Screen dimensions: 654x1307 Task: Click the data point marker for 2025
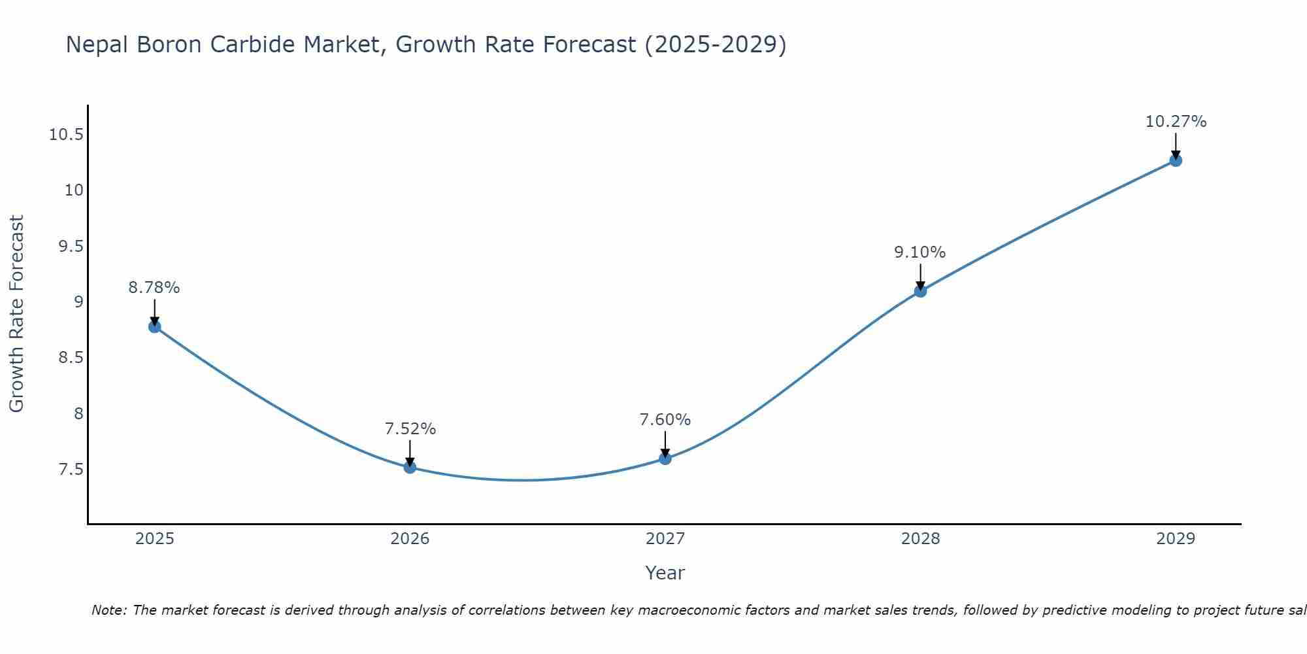(x=155, y=326)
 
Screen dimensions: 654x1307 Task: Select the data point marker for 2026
(x=410, y=467)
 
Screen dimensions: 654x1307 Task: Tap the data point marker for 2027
(x=665, y=458)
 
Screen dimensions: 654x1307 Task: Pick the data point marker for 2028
(x=920, y=290)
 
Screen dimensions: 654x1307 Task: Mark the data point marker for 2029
(x=1176, y=160)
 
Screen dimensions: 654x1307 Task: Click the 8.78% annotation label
(x=154, y=288)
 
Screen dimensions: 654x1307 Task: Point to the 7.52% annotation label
(x=410, y=429)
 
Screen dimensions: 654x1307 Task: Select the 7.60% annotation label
(x=665, y=420)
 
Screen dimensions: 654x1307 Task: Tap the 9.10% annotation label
(x=920, y=252)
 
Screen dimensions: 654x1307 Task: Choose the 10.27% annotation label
(x=1176, y=122)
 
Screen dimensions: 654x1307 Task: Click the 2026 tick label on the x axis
(x=410, y=539)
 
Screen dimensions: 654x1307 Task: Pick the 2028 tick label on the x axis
(x=920, y=539)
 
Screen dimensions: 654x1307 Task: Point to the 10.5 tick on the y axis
(x=66, y=135)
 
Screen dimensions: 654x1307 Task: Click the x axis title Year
(x=665, y=573)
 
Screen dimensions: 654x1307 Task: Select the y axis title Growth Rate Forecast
(x=16, y=313)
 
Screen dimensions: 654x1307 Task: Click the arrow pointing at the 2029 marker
(x=1176, y=145)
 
